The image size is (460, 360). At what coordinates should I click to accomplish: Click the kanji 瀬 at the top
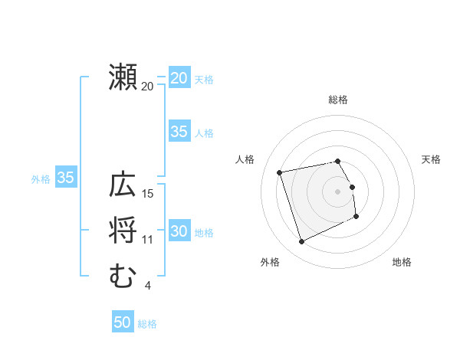coord(123,77)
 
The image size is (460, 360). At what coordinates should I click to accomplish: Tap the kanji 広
coord(123,186)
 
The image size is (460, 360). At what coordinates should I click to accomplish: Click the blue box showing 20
coord(179,78)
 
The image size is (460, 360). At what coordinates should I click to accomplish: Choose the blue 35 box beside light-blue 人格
coord(179,132)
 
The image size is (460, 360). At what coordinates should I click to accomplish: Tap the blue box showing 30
coord(179,231)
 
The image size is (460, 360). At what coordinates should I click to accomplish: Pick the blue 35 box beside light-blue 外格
coord(66,178)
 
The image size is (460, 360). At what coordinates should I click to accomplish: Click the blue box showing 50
coord(123,322)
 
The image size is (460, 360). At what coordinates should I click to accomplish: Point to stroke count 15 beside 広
coord(149,193)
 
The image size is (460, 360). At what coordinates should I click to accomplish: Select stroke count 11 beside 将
coord(149,240)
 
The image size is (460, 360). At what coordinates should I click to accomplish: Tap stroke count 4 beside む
coord(147,286)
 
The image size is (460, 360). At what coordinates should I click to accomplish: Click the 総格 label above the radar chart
coord(338,100)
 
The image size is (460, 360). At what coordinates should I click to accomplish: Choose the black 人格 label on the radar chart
coord(245,159)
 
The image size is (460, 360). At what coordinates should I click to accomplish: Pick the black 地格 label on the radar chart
coord(402,262)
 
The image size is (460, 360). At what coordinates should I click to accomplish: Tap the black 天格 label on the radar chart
coord(431,159)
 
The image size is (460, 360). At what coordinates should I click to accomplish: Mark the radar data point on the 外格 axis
coord(301,242)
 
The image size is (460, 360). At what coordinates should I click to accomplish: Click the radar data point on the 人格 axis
coord(280,172)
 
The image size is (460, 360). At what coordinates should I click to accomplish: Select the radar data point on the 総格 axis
coord(338,161)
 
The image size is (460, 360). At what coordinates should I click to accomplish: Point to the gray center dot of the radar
coord(338,191)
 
